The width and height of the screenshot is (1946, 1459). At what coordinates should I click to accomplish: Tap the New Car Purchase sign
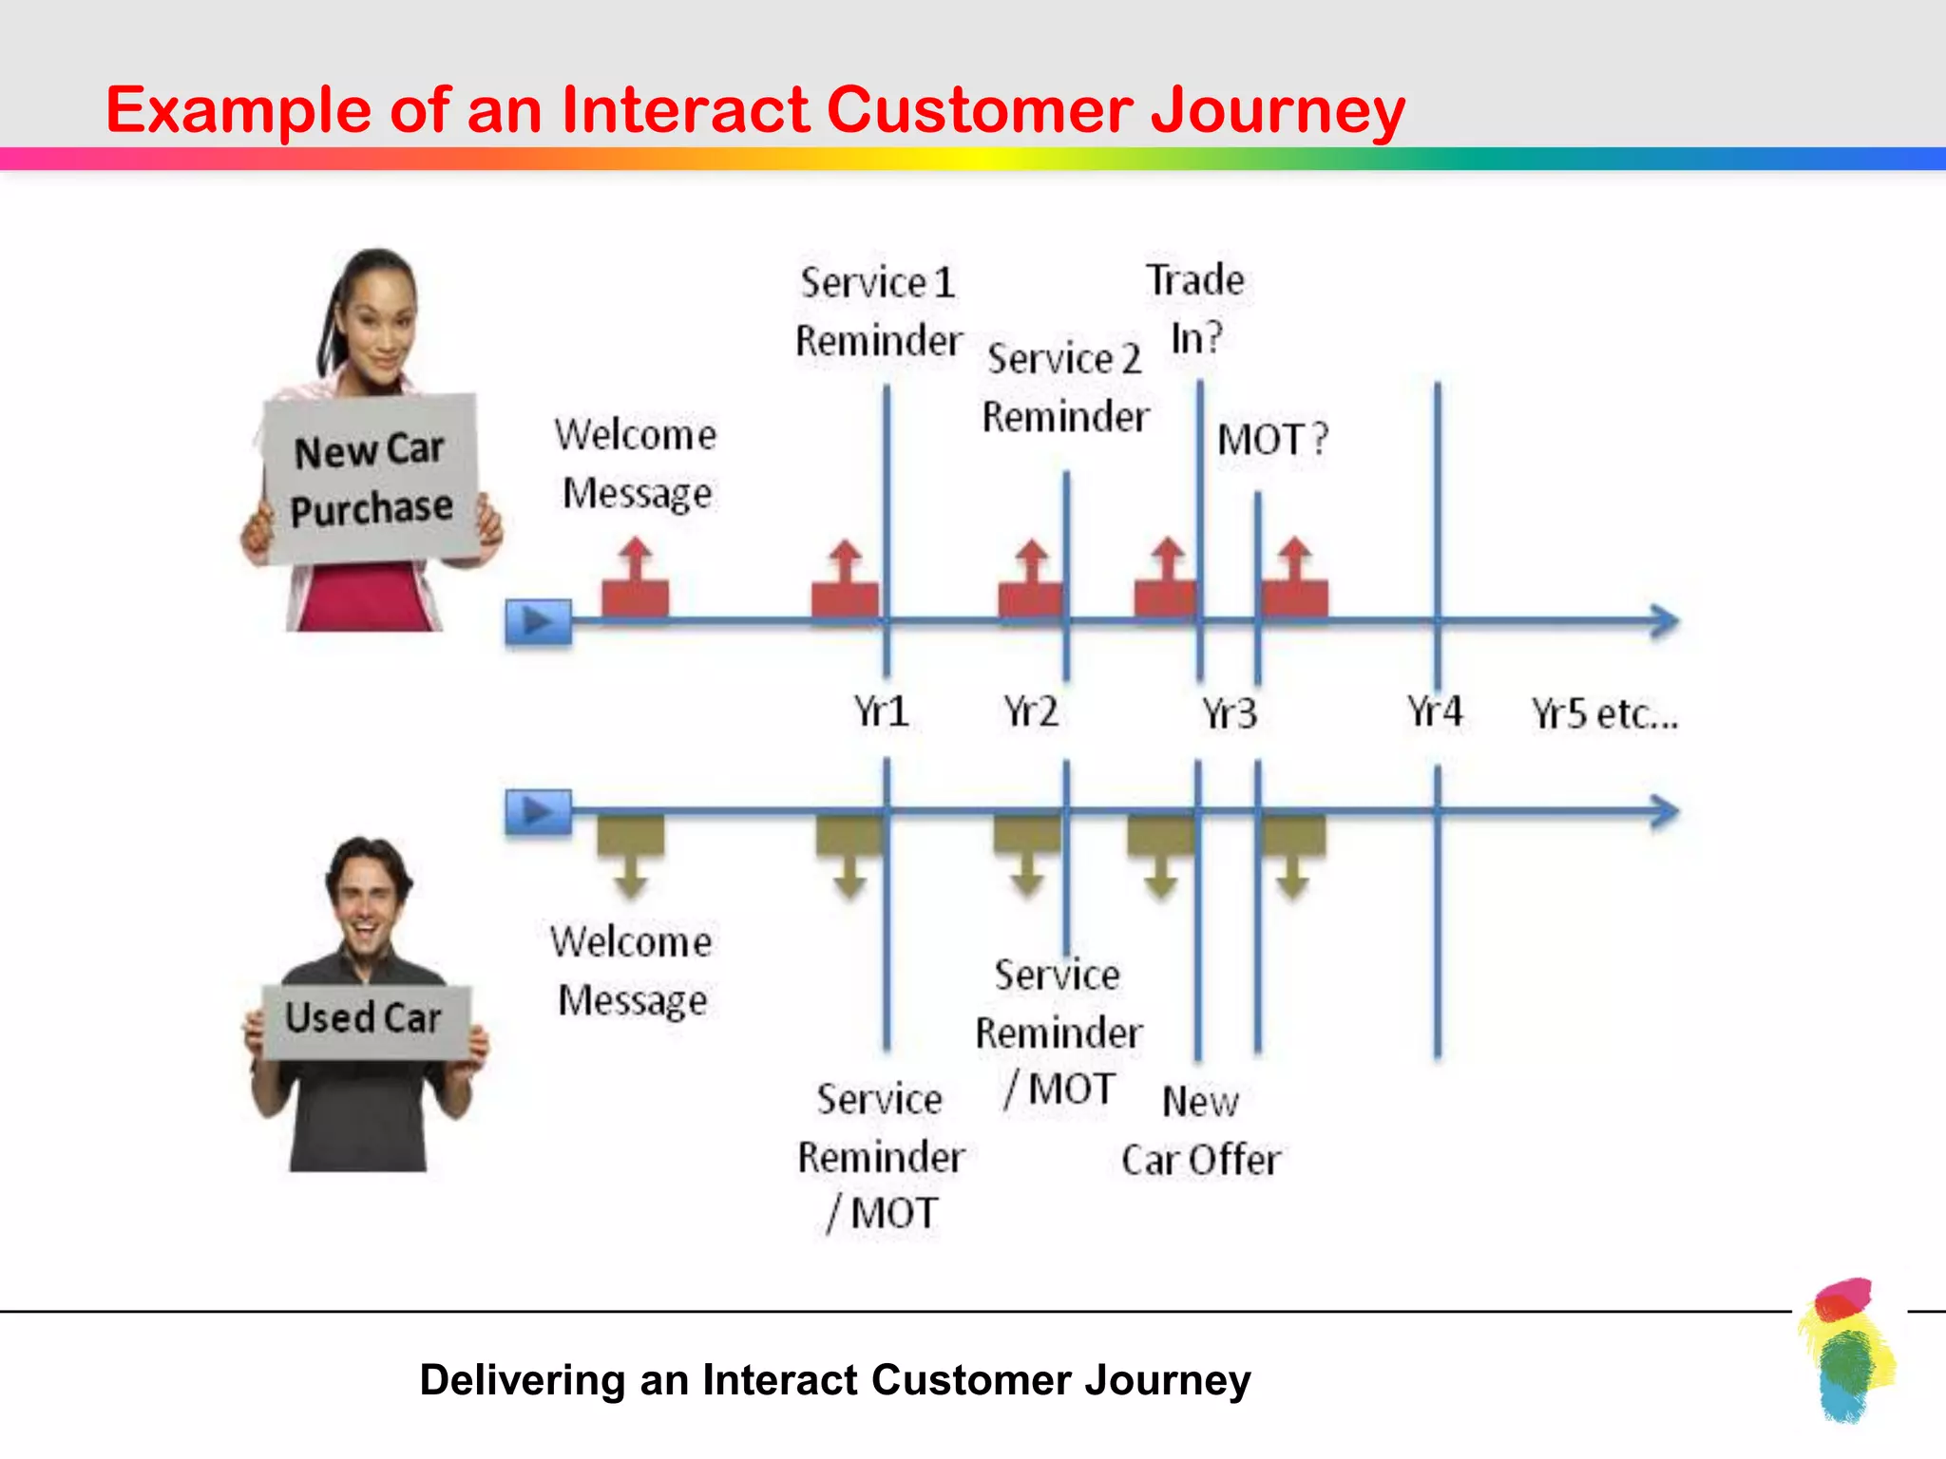point(371,479)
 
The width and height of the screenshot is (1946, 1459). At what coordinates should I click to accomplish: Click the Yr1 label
point(880,711)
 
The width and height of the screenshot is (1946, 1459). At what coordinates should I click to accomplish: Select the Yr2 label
point(1031,711)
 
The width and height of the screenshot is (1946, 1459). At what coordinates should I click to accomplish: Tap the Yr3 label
point(1229,713)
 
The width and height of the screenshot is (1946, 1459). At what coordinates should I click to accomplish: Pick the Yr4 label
point(1434,711)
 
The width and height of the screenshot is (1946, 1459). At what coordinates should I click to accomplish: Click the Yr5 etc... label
point(1604,713)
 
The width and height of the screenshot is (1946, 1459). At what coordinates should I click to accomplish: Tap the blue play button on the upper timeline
point(538,622)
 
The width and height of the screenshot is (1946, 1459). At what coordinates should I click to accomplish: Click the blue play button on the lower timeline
point(538,812)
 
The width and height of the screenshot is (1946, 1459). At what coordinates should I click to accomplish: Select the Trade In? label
point(1195,309)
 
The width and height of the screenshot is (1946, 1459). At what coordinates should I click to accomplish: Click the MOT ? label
point(1272,440)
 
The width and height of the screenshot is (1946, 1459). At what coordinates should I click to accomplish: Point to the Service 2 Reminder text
point(1065,388)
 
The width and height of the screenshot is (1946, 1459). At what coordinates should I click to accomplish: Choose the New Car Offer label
point(1200,1131)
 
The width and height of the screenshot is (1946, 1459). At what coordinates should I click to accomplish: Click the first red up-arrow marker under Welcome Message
point(635,581)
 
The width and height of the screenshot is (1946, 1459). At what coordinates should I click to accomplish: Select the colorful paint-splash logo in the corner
point(1845,1350)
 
